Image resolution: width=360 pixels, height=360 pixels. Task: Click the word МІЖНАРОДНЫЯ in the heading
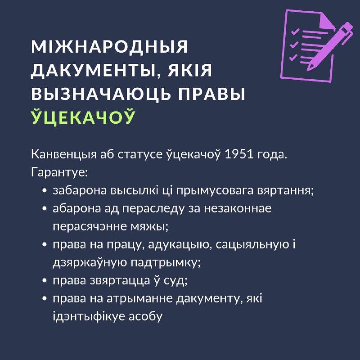(x=109, y=47)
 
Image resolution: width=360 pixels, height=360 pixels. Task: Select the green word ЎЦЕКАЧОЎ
(x=83, y=117)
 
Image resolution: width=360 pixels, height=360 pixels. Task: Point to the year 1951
(x=239, y=154)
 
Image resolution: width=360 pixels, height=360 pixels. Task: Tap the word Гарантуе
(x=59, y=173)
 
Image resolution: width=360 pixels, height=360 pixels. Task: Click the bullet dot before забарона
(x=45, y=191)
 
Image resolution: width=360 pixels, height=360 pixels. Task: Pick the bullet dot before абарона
(x=45, y=209)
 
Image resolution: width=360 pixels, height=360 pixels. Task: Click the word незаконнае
(x=238, y=209)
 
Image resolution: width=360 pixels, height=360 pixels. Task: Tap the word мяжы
(x=149, y=227)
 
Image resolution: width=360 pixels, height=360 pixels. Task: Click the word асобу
(x=145, y=317)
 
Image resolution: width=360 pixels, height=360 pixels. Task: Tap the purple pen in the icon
(x=330, y=46)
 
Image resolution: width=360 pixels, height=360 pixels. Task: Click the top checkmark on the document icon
(x=295, y=31)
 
